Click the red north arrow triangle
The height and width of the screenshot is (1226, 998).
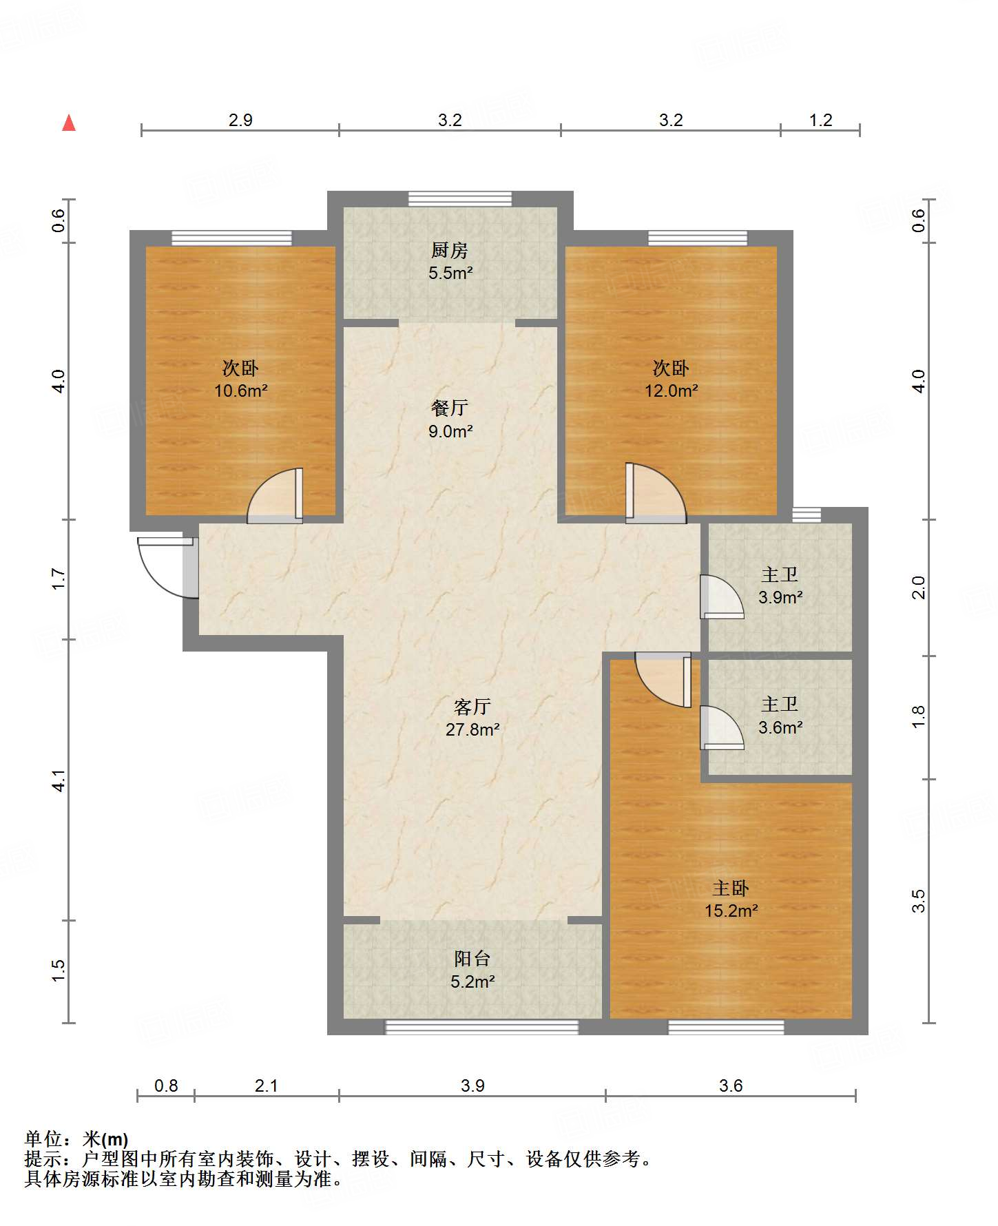coord(69,123)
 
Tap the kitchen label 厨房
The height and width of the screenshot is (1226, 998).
coord(450,250)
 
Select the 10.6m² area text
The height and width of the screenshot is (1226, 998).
coord(240,391)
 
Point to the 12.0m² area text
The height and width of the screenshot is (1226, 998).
coord(671,391)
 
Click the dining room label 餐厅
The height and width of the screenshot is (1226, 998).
coord(450,408)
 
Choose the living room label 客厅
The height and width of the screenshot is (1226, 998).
coord(472,707)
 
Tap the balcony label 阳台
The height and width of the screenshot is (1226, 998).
coord(472,959)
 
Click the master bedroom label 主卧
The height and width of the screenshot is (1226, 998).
coord(731,888)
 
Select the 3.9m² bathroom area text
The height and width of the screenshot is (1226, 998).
coord(780,597)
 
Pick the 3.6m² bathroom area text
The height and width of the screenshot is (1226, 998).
coord(780,727)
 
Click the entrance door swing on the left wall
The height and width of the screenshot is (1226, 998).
coord(167,568)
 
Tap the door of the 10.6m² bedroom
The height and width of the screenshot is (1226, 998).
coord(275,495)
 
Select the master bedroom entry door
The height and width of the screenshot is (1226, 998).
coord(663,680)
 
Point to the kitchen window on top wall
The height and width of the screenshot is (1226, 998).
coord(460,199)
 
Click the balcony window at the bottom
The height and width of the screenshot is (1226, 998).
coord(481,1027)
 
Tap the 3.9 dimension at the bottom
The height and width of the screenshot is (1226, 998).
coord(472,1085)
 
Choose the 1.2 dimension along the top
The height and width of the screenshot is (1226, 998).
coord(820,120)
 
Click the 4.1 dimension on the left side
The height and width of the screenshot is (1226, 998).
coord(59,780)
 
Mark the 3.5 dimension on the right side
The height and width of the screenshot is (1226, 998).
coord(919,901)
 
